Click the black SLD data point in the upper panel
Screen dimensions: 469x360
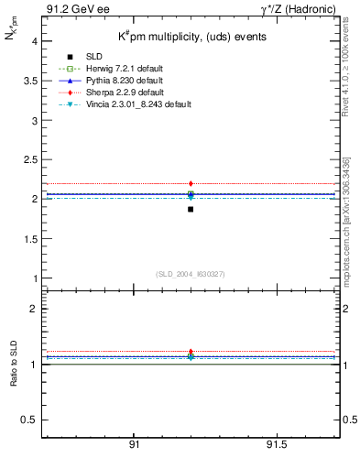pyautogui.click(x=191, y=210)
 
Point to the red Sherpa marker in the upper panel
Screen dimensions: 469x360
pyautogui.click(x=191, y=183)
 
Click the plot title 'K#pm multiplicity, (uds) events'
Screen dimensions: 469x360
pyautogui.click(x=179, y=38)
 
